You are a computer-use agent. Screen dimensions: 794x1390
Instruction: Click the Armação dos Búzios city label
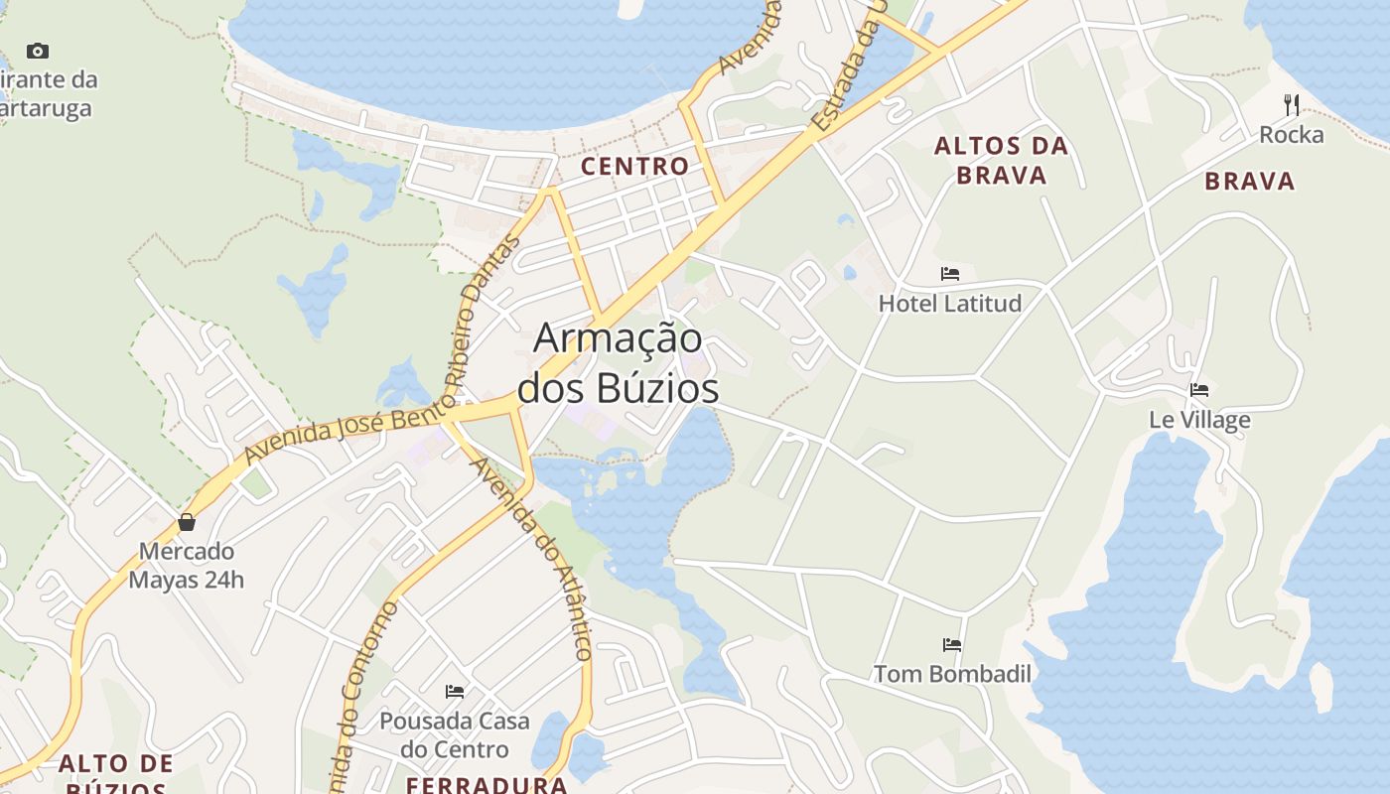pos(618,362)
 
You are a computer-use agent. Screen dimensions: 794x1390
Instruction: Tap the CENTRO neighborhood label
pos(634,166)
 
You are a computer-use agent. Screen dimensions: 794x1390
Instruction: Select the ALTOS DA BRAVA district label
pos(1001,161)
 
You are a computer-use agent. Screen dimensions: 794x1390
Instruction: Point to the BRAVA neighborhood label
pos(1250,181)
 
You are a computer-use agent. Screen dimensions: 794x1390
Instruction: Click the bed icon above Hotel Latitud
pos(950,274)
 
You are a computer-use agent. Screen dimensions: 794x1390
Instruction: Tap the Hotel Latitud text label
pos(950,304)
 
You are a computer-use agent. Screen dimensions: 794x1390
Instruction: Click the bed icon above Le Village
pos(1199,390)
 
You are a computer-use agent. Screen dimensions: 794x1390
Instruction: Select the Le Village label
pos(1199,420)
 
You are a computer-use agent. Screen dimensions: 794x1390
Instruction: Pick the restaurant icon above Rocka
pos(1292,104)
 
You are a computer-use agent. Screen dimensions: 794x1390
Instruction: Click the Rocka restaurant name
pos(1292,135)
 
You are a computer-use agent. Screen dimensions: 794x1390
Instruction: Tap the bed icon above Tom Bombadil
pos(952,645)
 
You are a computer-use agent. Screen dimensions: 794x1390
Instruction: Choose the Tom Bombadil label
pos(952,675)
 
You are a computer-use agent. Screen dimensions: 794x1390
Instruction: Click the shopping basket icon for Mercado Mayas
pos(186,522)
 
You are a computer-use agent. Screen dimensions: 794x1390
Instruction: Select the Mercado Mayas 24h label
pos(186,565)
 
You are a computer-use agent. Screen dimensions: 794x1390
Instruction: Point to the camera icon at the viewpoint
pos(38,51)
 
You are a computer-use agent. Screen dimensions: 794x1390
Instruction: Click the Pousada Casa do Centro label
pos(455,734)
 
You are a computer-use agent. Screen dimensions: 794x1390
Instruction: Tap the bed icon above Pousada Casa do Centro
pos(455,691)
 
